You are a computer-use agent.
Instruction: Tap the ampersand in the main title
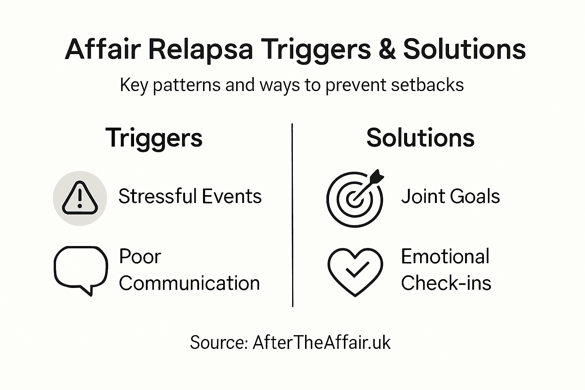pyautogui.click(x=387, y=50)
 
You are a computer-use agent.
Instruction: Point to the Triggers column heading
pyautogui.click(x=154, y=138)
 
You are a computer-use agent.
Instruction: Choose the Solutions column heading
pyautogui.click(x=420, y=138)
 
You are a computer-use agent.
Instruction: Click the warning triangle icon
pyautogui.click(x=80, y=198)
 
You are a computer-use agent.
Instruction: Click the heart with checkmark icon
pyautogui.click(x=355, y=271)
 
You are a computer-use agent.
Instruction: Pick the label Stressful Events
pyautogui.click(x=190, y=197)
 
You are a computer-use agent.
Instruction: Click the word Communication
pyautogui.click(x=189, y=283)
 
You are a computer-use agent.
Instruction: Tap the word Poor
pyautogui.click(x=140, y=256)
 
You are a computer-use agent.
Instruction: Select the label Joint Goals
pyautogui.click(x=450, y=197)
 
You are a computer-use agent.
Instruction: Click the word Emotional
pyautogui.click(x=445, y=256)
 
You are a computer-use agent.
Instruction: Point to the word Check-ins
pyautogui.click(x=446, y=283)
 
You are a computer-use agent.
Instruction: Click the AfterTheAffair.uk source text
pyautogui.click(x=321, y=342)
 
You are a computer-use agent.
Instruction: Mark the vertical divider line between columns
pyautogui.click(x=292, y=215)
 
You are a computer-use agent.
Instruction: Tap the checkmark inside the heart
pyautogui.click(x=356, y=270)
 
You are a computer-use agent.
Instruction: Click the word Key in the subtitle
pyautogui.click(x=134, y=85)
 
